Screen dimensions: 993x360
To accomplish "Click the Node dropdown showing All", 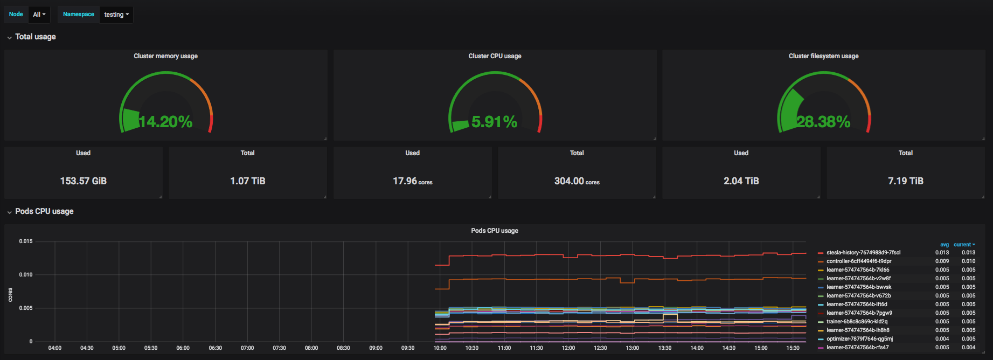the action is [39, 15].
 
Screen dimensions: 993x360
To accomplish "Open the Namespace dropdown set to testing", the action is [116, 15].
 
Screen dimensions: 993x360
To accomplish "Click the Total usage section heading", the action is [36, 37].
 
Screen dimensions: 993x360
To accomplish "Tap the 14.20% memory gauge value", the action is [166, 122].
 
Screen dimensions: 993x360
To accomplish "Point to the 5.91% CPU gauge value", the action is [495, 122].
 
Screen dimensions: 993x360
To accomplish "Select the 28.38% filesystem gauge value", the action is [824, 122].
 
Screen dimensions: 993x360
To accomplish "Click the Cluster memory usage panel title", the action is [166, 56].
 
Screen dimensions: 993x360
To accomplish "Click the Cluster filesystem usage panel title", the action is [824, 56].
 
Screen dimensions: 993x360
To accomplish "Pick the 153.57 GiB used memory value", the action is [84, 181].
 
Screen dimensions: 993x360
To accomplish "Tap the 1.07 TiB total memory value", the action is [248, 181].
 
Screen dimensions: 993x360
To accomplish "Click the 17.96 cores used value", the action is [413, 181].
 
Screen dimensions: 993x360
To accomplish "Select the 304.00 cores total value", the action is [577, 181].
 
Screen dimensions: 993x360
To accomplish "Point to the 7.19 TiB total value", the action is [906, 181].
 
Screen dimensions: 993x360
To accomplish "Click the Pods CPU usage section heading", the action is [44, 211].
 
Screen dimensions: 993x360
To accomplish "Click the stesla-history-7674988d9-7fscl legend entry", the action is [863, 253].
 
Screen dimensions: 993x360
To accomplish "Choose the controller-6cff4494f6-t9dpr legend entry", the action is [859, 261].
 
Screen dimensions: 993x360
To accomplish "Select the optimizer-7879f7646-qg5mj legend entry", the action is [859, 339].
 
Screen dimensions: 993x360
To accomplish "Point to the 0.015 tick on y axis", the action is [26, 241].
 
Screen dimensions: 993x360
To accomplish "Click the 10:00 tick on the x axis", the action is [440, 348].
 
